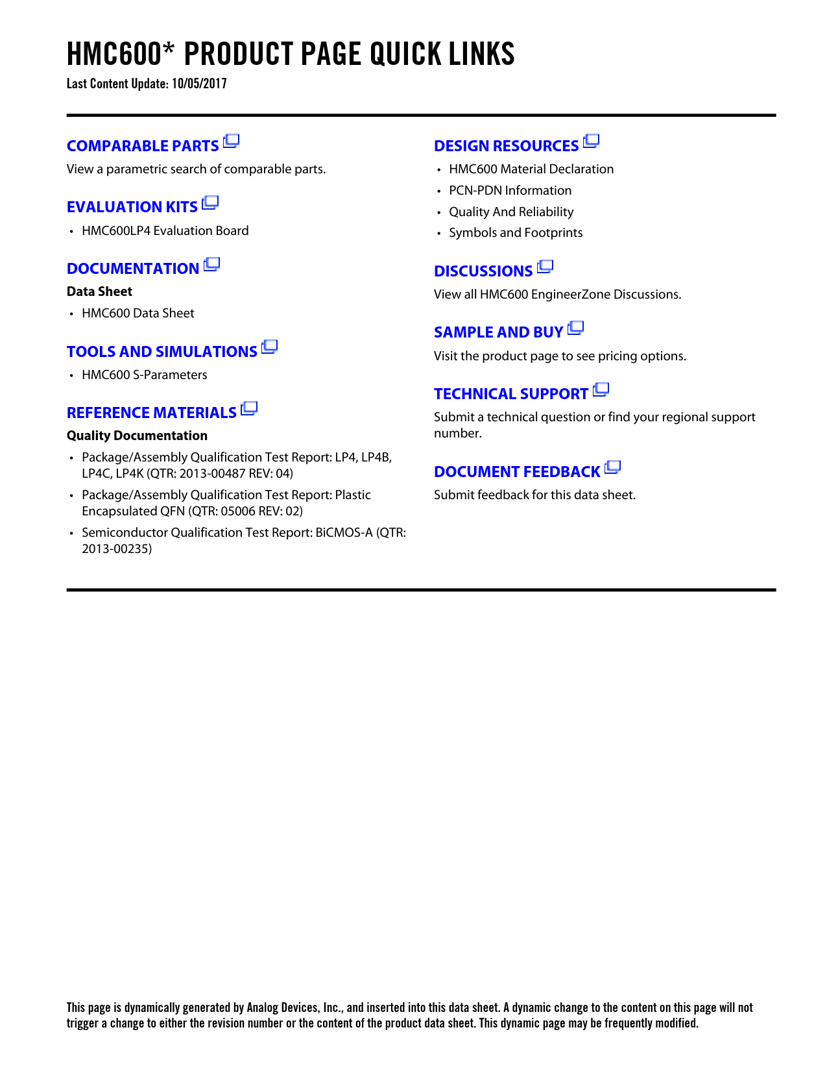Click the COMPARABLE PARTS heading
[143, 146]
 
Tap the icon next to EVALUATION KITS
[210, 203]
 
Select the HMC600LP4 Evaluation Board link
[165, 231]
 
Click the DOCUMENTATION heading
[133, 269]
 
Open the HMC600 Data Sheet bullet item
[138, 314]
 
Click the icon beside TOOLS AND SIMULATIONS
[270, 347]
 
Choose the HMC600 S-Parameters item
[144, 375]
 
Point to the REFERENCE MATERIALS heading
[151, 413]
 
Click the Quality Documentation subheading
[137, 436]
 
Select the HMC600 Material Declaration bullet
[531, 169]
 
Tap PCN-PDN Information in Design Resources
[510, 191]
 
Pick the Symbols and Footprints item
[516, 233]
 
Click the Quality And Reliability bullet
[511, 212]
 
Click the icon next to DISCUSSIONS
[545, 267]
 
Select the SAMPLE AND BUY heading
[498, 332]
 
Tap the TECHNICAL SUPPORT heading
[510, 394]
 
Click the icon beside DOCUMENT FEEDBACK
[613, 467]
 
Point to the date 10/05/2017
[199, 84]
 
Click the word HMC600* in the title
[121, 54]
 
